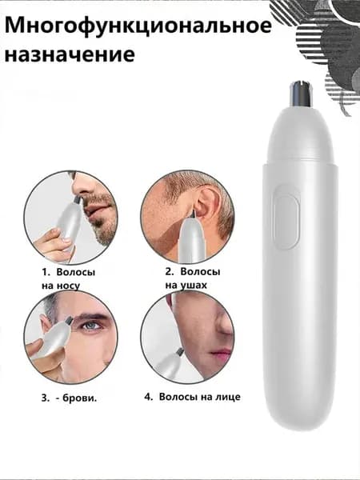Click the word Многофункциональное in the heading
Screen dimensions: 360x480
click(138, 26)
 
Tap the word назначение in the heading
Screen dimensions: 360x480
click(70, 54)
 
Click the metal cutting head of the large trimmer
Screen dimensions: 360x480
click(300, 94)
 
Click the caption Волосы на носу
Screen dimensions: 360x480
click(68, 278)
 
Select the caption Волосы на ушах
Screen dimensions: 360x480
click(193, 278)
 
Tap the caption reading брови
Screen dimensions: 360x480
click(79, 398)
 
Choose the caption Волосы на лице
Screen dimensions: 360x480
click(199, 397)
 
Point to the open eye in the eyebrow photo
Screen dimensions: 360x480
click(91, 326)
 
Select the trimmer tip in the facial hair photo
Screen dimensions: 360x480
click(180, 352)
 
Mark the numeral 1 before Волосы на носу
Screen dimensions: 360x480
click(44, 272)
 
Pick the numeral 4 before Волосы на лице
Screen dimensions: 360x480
click(148, 397)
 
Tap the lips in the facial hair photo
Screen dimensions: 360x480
click(223, 353)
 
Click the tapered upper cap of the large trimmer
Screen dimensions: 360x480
click(300, 134)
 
